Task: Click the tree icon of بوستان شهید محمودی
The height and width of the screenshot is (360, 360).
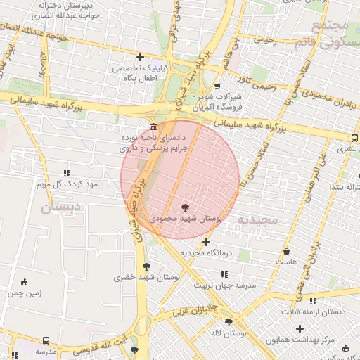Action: coord(185,207)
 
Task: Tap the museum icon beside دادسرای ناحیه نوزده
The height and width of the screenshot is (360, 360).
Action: coord(153,127)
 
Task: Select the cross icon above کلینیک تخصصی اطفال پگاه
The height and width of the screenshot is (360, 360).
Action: coord(141,57)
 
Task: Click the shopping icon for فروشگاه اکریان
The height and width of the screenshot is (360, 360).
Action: coord(217,86)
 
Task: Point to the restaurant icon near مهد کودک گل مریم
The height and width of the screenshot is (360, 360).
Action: coord(67,172)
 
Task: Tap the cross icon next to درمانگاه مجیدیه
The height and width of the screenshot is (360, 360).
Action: coord(206,242)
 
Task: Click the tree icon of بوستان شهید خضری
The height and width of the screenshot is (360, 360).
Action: coord(146,266)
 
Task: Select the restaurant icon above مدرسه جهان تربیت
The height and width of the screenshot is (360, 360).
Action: coord(224,274)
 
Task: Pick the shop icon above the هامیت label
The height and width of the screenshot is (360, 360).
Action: coord(286,251)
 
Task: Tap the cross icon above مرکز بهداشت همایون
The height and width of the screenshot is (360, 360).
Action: coord(300,328)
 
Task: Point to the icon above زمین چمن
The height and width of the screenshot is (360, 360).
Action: coord(25,282)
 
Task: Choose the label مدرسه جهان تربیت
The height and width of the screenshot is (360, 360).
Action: coord(226,285)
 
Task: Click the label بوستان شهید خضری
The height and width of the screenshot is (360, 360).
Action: coord(148,278)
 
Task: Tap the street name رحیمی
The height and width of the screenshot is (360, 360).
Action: coord(266,41)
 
